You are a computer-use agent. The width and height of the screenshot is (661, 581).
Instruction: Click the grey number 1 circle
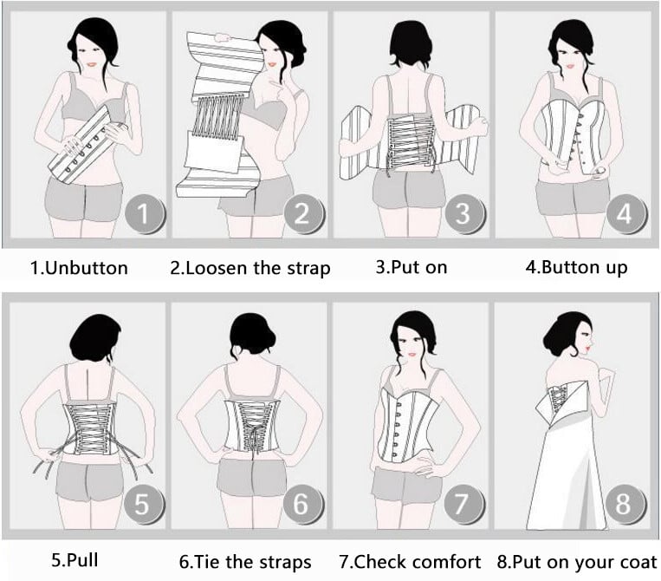coord(144,213)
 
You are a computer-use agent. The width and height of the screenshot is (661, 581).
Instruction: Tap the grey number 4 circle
coord(625,213)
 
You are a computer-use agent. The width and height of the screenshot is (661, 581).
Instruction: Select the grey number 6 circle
coord(301,504)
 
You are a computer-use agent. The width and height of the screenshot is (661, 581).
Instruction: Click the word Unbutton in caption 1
coord(86,268)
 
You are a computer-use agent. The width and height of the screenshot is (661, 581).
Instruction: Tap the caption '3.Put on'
coord(412,267)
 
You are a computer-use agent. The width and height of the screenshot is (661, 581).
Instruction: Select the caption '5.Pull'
coord(75,560)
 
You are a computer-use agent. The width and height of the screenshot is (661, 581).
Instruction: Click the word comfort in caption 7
coord(446,562)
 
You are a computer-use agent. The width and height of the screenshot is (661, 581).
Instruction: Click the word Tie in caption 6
coord(207,562)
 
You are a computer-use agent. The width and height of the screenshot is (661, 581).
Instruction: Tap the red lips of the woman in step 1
coord(92,65)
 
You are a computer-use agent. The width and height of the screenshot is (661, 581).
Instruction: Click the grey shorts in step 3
coord(409,189)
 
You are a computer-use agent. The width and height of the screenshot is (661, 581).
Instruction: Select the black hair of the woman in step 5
coord(95,337)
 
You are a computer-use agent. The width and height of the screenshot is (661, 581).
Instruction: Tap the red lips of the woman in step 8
coord(588,349)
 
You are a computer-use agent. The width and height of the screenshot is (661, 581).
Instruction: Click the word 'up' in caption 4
coord(616,268)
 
